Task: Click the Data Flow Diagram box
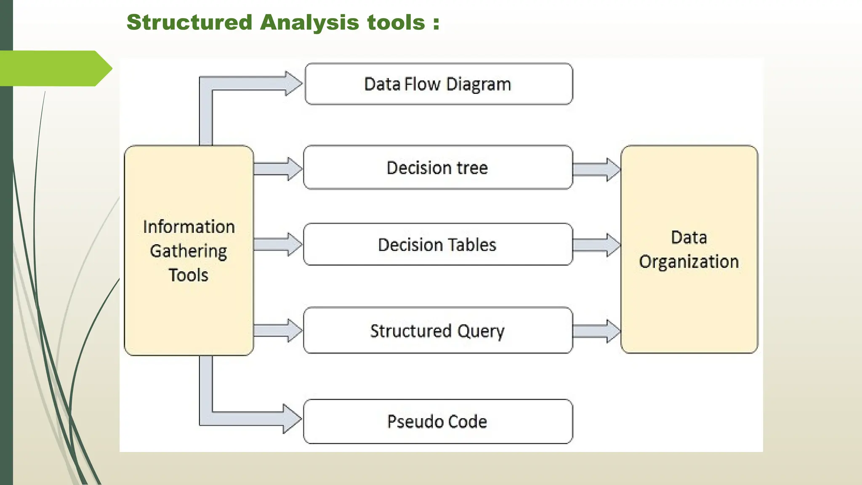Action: [438, 84]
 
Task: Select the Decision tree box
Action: [438, 168]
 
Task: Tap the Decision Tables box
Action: [438, 245]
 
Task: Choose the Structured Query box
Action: [438, 330]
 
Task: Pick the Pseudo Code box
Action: [438, 421]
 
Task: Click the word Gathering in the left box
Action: [189, 251]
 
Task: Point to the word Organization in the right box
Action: [689, 262]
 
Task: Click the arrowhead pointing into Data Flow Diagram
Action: [293, 83]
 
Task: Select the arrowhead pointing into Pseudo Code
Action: [292, 419]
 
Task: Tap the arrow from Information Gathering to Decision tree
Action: [278, 169]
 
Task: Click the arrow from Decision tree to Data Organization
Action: [596, 170]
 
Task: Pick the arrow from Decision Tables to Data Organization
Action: [596, 245]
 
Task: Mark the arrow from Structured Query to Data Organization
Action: [596, 331]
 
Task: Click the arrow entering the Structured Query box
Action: [278, 330]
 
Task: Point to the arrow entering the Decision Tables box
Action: [278, 244]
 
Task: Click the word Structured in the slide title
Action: [189, 22]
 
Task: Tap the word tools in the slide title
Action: [396, 22]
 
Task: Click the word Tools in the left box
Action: [189, 275]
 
